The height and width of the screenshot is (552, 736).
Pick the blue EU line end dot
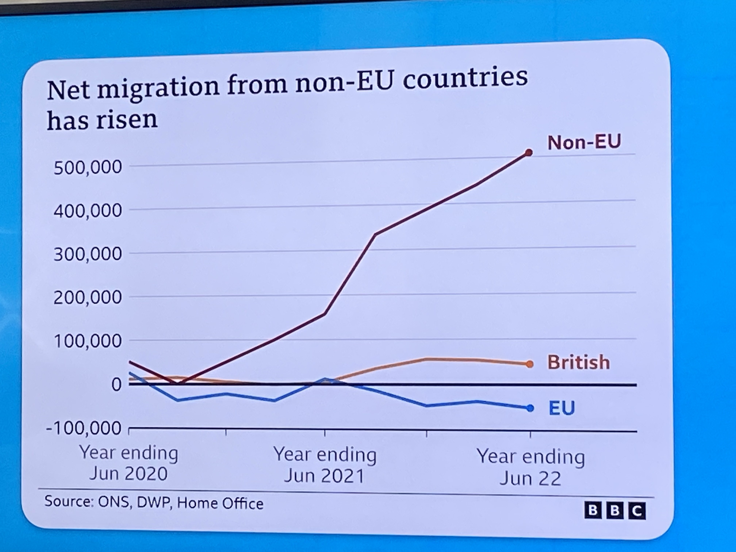point(530,408)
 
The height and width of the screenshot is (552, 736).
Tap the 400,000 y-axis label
point(87,211)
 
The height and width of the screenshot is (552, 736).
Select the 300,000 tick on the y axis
point(87,254)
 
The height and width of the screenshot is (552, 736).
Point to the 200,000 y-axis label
point(87,298)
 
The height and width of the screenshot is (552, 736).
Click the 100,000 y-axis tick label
point(87,341)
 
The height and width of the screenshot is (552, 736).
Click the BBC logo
point(615,511)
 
